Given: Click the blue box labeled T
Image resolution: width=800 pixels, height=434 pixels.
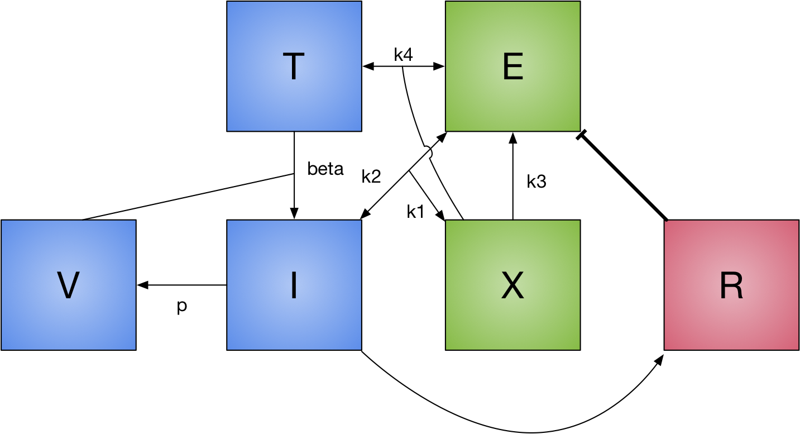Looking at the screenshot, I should click(294, 66).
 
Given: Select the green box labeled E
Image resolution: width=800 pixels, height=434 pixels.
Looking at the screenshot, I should click(512, 66).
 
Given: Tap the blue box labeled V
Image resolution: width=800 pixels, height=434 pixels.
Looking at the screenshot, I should click(68, 285).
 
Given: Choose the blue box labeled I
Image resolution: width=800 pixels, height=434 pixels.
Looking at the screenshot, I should click(294, 285).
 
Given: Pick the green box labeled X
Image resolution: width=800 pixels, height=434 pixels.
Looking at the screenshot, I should click(512, 285).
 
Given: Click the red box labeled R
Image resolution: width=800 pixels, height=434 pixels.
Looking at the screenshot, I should click(731, 285).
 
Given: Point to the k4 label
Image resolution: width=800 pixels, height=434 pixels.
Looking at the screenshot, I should click(403, 55).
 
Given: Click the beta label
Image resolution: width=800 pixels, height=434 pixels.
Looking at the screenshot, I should click(325, 169).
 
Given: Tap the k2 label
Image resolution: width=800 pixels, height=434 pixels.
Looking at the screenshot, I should click(371, 177).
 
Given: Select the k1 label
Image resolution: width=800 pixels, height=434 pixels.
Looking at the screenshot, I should click(415, 212).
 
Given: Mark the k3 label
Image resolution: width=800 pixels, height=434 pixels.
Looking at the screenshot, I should click(536, 181).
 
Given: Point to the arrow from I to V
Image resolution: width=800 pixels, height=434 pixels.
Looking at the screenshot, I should click(184, 285).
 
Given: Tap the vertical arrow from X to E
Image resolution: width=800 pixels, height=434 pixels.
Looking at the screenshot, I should click(512, 179).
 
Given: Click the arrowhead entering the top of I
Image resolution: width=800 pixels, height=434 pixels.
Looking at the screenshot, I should click(294, 214).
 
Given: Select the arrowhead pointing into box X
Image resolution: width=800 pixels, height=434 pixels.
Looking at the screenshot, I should click(440, 216).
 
